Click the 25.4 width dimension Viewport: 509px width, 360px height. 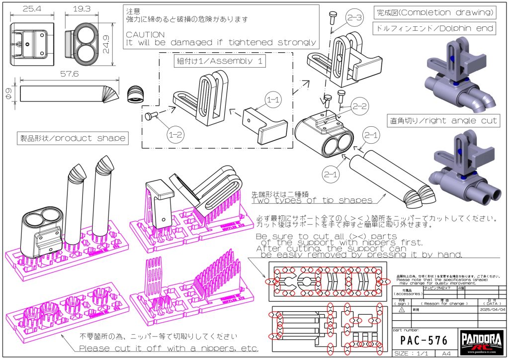[x=30, y=8]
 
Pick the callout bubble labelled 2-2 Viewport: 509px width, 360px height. [x=358, y=105]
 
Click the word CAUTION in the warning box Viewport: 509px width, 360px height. [x=145, y=34]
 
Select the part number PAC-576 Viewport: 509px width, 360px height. [x=424, y=341]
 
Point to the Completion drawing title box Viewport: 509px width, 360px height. [x=434, y=12]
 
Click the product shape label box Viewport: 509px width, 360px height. [x=72, y=137]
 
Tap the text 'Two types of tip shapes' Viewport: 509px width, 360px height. [x=312, y=200]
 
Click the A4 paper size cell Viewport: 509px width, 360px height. [x=440, y=354]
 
